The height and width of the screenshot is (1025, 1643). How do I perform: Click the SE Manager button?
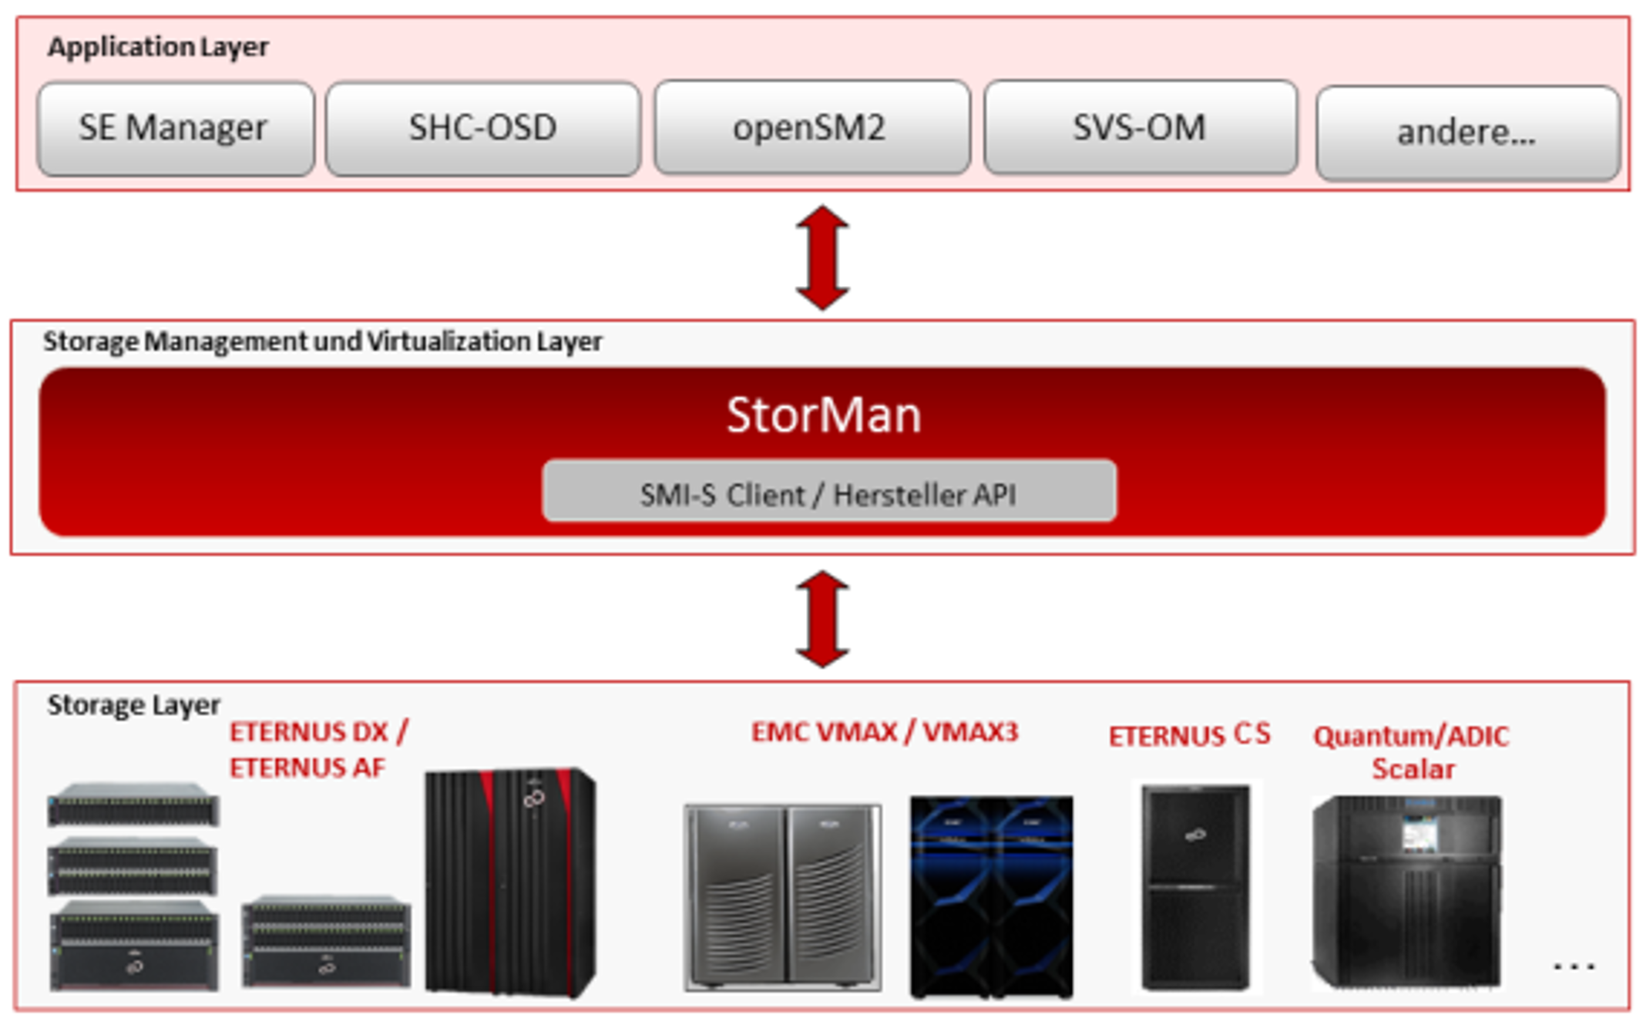pyautogui.click(x=176, y=129)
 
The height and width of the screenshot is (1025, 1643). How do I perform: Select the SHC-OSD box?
pyautogui.click(x=483, y=129)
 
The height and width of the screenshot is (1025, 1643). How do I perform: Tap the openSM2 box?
pyautogui.click(x=812, y=127)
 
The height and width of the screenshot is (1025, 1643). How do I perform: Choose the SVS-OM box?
pyautogui.click(x=1141, y=127)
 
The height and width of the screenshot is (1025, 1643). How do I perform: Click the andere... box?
pyautogui.click(x=1468, y=133)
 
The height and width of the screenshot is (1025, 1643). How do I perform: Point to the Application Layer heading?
pyautogui.click(x=158, y=47)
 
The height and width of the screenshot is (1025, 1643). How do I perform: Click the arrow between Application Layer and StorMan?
pyautogui.click(x=822, y=257)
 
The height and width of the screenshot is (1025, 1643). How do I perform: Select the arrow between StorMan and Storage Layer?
pyautogui.click(x=822, y=619)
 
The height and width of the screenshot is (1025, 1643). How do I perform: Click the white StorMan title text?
pyautogui.click(x=823, y=415)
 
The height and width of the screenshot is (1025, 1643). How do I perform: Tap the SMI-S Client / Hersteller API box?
pyautogui.click(x=829, y=491)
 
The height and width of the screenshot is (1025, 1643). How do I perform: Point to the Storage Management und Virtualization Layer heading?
pyautogui.click(x=322, y=341)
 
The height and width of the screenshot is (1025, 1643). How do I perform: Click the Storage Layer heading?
pyautogui.click(x=133, y=705)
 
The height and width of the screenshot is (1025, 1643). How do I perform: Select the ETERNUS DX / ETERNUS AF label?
pyautogui.click(x=318, y=749)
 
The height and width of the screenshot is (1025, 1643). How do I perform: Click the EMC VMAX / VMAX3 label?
pyautogui.click(x=885, y=731)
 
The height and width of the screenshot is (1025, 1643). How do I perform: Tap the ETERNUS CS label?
pyautogui.click(x=1189, y=734)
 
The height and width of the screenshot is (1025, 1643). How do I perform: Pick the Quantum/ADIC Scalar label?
pyautogui.click(x=1411, y=752)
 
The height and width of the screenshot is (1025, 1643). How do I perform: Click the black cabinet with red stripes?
pyautogui.click(x=511, y=882)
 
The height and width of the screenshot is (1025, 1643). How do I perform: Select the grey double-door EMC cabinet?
pyautogui.click(x=783, y=897)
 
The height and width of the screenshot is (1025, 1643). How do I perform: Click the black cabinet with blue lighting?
pyautogui.click(x=991, y=897)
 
